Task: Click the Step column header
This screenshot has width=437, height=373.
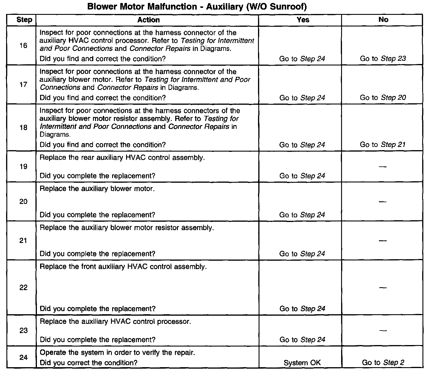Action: click(24, 20)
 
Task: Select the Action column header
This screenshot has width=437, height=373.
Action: click(148, 20)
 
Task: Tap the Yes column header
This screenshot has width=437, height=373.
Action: click(303, 20)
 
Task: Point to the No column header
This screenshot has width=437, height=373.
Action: click(383, 19)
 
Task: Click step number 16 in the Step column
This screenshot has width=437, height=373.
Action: click(23, 45)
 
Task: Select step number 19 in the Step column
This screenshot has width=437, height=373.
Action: click(23, 166)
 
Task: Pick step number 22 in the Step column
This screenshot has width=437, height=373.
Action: click(23, 287)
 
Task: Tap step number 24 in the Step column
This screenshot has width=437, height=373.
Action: click(23, 357)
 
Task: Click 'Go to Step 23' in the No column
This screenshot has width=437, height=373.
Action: click(383, 58)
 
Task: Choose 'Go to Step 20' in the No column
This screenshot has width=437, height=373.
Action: click(383, 97)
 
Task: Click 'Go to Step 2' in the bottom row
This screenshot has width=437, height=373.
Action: click(383, 363)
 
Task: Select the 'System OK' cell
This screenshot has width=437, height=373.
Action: click(302, 363)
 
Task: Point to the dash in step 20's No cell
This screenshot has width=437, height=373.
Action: click(383, 202)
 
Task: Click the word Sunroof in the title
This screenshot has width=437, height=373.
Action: click(286, 7)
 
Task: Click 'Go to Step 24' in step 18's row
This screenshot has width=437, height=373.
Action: click(302, 145)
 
